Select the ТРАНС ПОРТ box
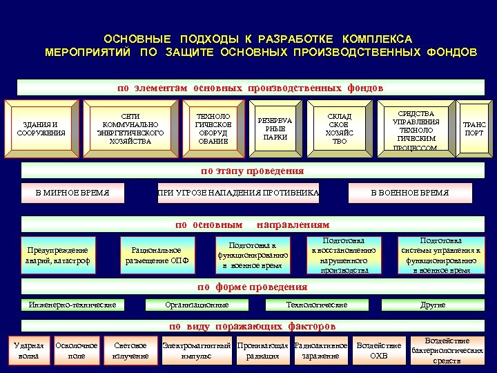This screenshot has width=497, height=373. point(474,128)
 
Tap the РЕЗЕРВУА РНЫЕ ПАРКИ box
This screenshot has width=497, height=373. point(275,128)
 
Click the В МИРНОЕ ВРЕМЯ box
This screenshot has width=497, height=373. point(72,193)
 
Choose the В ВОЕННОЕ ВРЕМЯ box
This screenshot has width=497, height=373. point(409,193)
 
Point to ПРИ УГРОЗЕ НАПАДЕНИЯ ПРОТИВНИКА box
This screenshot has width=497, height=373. point(238,193)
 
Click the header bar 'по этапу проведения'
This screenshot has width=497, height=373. point(252,171)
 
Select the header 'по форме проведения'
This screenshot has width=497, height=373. point(252,287)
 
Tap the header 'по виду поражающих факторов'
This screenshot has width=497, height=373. point(252,326)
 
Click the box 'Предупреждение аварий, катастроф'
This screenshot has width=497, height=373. point(58,255)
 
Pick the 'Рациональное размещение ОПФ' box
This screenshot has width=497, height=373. point(157,255)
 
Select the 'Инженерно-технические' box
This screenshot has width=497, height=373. point(72,305)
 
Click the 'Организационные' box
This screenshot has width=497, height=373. point(197,305)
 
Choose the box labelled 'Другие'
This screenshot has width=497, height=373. point(433,305)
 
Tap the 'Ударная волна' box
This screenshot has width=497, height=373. point(29,350)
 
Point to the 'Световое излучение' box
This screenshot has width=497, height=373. point(130,350)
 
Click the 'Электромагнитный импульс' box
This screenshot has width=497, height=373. point(195,350)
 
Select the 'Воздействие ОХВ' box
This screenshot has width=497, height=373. point(378,350)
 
